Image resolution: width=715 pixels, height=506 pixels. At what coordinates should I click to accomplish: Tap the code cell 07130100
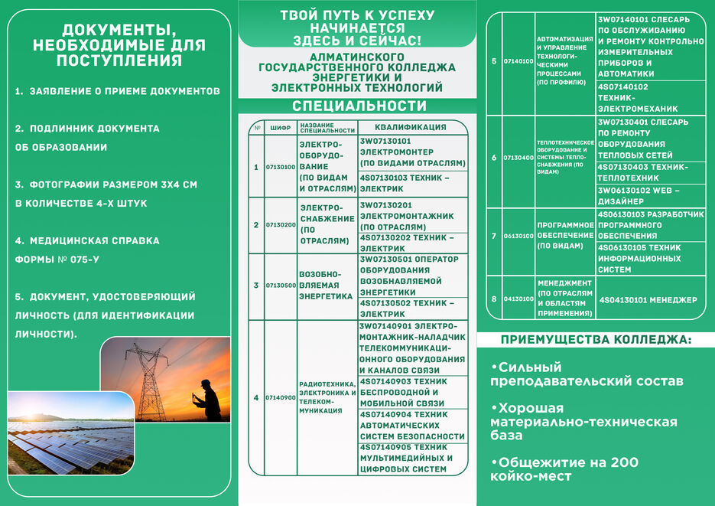pyautogui.click(x=280, y=166)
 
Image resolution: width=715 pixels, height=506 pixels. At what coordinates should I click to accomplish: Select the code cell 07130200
pyautogui.click(x=280, y=225)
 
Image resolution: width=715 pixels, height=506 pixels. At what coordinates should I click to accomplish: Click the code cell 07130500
pyautogui.click(x=280, y=285)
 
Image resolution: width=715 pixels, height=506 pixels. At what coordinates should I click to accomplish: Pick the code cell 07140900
pyautogui.click(x=280, y=397)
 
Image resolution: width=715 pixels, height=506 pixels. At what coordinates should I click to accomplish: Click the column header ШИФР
pyautogui.click(x=280, y=128)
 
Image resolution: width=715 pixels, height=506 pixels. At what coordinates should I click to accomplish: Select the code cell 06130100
pyautogui.click(x=518, y=236)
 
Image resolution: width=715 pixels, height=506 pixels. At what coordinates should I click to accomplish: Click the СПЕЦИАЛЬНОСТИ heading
pyautogui.click(x=359, y=106)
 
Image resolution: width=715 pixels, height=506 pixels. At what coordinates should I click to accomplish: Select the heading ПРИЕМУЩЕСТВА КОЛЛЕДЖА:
pyautogui.click(x=596, y=339)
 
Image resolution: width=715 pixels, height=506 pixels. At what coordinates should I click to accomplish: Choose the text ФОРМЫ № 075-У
pyautogui.click(x=57, y=260)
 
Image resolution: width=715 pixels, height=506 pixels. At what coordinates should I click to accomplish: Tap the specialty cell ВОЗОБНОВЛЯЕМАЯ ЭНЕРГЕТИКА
pyautogui.click(x=326, y=285)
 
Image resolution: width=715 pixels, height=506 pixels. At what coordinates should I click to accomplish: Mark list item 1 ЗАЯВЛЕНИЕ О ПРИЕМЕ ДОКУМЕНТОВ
pyautogui.click(x=118, y=91)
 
